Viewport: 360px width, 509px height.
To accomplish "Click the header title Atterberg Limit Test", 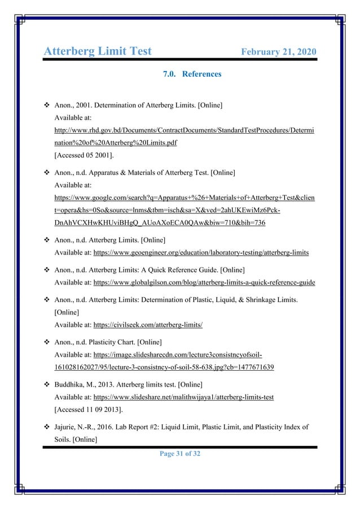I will coord(98,51).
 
